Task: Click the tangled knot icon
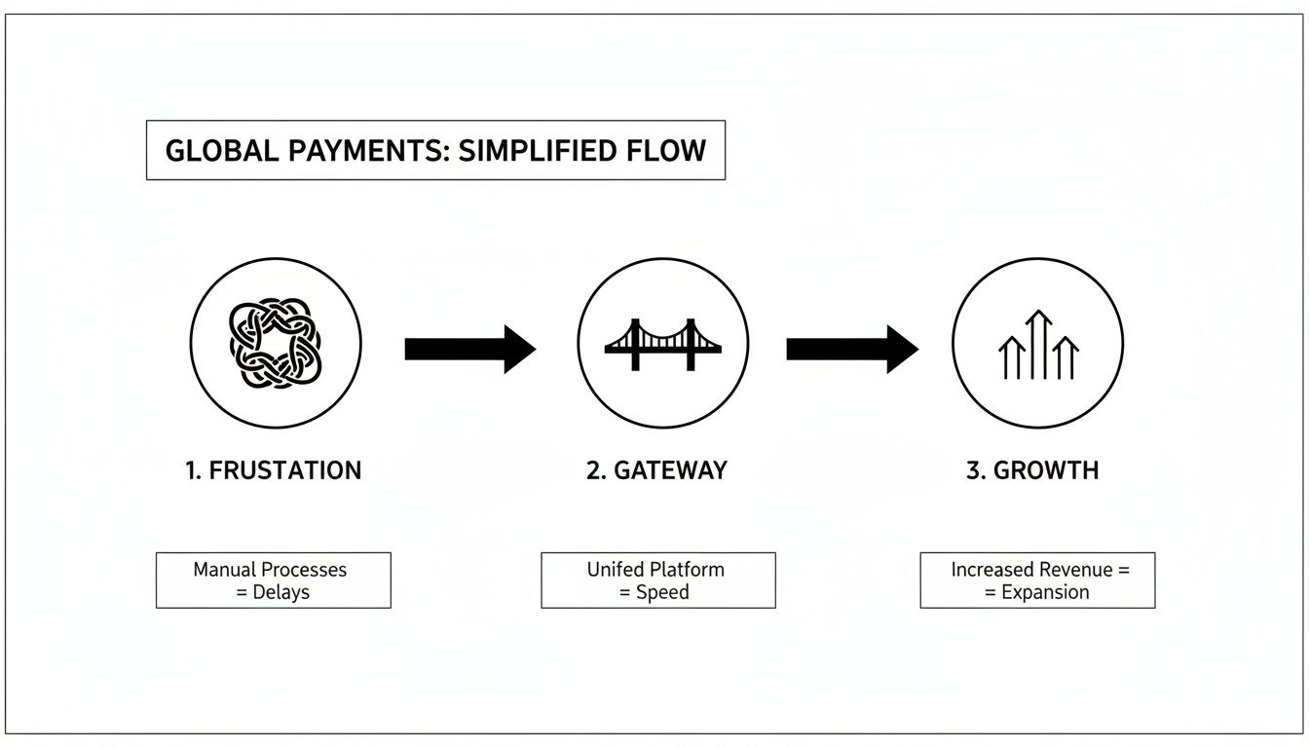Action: tap(275, 343)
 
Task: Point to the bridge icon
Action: tap(662, 343)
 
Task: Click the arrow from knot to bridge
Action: tap(469, 349)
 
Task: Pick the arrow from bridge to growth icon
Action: tap(851, 349)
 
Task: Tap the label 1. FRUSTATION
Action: tap(273, 470)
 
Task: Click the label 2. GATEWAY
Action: tap(656, 470)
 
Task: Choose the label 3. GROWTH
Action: tap(1032, 470)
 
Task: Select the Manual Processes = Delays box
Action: tap(273, 580)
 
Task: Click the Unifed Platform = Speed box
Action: tap(657, 580)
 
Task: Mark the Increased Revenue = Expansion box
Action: tap(1037, 580)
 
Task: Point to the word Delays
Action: tap(280, 592)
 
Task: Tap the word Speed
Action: tap(663, 592)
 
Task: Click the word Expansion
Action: tap(1045, 592)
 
